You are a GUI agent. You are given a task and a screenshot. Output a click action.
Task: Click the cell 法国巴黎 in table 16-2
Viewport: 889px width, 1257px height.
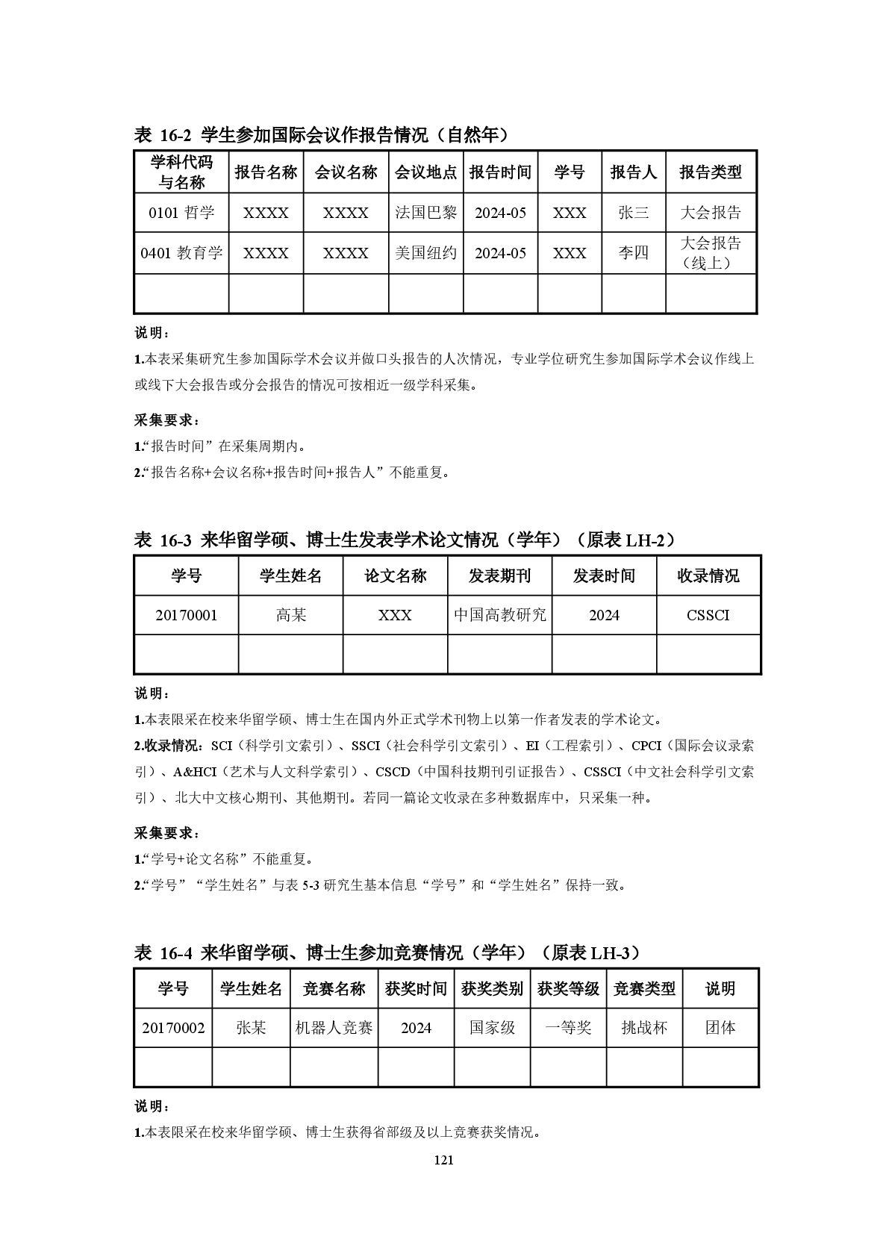pos(425,213)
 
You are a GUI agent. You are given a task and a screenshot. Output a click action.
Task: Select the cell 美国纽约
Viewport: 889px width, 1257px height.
pos(425,253)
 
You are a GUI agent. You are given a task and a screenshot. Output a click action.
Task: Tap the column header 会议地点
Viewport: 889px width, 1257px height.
pos(425,172)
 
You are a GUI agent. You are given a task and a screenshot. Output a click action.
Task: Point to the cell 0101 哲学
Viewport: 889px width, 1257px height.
pos(181,213)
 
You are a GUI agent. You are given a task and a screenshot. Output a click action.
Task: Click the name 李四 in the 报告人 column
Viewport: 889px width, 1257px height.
pos(633,253)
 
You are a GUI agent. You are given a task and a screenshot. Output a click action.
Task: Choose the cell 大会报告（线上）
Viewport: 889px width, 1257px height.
pos(711,253)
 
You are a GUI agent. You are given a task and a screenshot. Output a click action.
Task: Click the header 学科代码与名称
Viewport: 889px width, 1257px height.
pos(181,172)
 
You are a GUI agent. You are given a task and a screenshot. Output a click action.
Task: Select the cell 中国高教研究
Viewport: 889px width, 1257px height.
pos(499,615)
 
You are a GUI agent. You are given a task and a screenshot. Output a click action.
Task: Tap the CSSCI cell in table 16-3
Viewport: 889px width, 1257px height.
pos(708,615)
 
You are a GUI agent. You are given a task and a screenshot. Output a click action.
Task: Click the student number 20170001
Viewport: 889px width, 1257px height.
pos(186,615)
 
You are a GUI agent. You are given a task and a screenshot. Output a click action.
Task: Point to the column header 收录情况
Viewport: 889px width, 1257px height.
pos(708,576)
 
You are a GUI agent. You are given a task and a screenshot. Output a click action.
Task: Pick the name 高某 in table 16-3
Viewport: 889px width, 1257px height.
pos(290,615)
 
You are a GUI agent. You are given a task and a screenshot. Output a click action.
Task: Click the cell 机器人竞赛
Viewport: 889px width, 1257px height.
pos(334,1028)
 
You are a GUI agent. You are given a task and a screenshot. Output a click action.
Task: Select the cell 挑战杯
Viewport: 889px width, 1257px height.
pos(643,1028)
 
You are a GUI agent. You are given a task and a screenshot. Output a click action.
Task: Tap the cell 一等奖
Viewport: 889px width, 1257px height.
pos(568,1028)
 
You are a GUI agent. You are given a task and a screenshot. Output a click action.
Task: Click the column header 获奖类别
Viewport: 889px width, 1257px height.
pos(492,989)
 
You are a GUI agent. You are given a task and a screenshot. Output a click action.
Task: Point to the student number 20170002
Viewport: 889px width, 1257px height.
pos(173,1028)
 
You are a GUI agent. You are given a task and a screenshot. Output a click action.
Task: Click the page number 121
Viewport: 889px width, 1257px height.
pos(443,1159)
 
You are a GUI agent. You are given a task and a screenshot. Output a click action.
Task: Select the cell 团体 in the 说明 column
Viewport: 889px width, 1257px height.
pos(720,1028)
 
